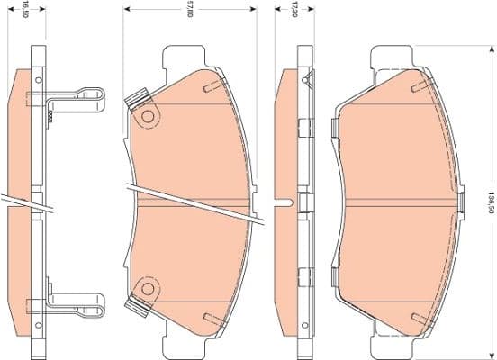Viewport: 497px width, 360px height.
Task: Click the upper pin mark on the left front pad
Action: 210,86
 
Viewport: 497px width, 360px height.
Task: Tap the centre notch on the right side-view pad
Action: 287,202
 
